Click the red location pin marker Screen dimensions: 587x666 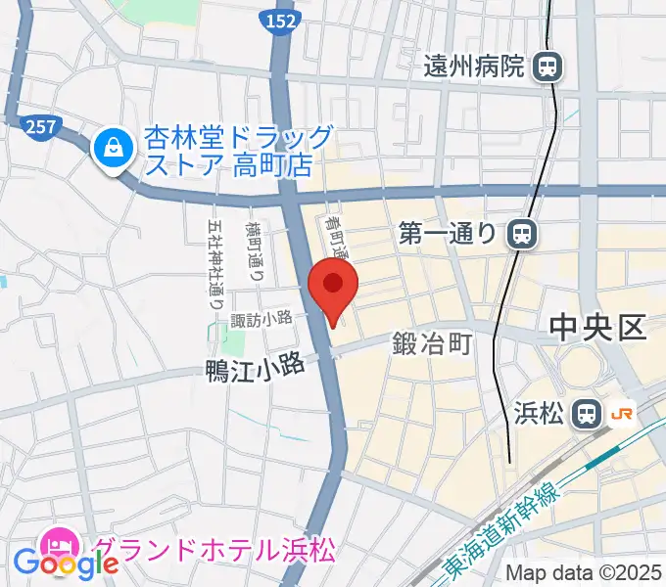(x=333, y=286)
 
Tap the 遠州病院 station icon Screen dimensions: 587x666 (x=547, y=67)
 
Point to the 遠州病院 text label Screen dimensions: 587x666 (x=475, y=67)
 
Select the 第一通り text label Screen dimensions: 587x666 (x=451, y=234)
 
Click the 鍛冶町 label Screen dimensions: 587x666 (x=433, y=343)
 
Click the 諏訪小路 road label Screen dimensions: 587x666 (x=262, y=317)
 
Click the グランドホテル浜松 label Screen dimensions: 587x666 (x=214, y=549)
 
